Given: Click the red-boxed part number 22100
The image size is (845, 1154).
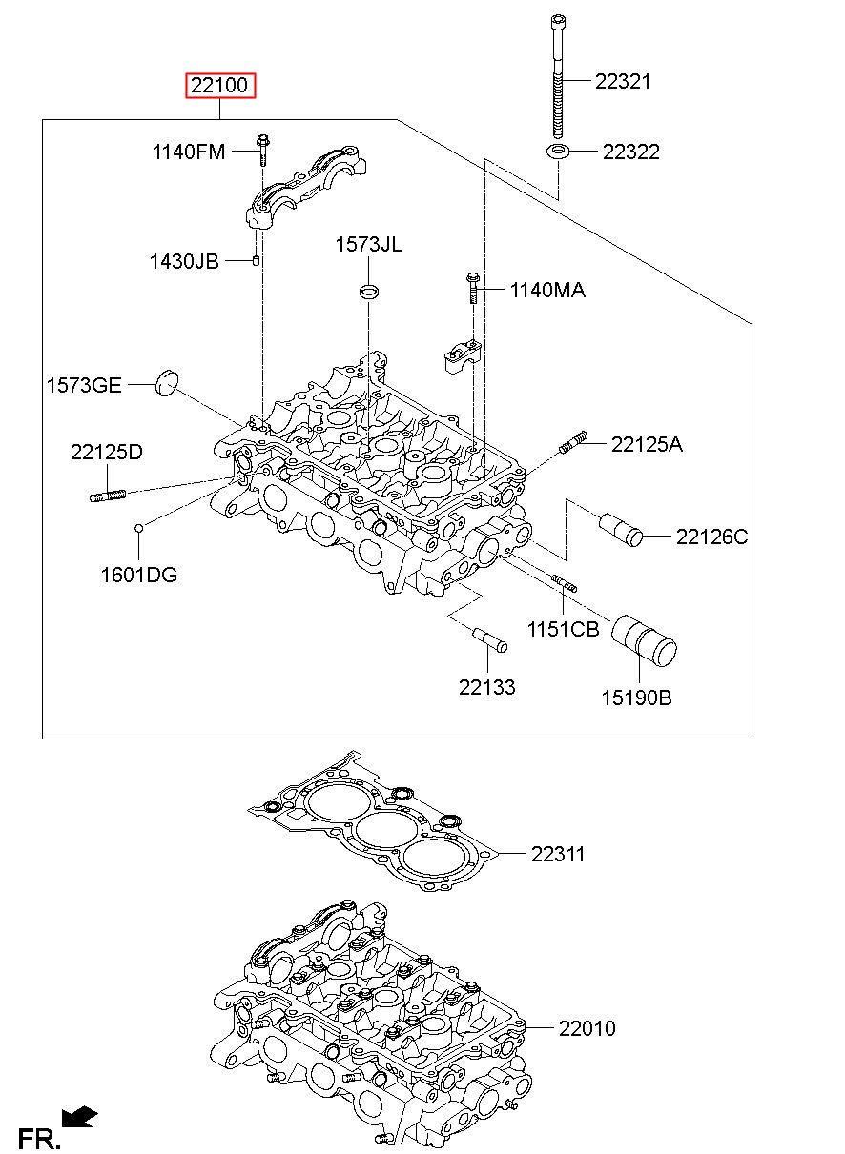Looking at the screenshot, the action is pos(220,85).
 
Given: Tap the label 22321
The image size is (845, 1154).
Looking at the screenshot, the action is pos(623,81).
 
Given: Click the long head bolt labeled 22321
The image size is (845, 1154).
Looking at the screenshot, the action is pos(557,76).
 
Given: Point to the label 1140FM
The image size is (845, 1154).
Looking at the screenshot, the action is pos(189,152).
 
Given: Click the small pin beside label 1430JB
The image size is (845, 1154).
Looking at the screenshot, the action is pos(256,260).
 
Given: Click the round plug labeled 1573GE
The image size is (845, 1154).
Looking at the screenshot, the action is pos(167,383).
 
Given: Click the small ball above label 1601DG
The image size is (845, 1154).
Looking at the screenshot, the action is pos(138,528).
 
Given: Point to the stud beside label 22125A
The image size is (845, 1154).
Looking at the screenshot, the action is pos(573,442).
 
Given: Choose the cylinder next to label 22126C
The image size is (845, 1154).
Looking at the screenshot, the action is pos(621,529).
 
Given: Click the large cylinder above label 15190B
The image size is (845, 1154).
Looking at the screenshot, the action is pos(644,640).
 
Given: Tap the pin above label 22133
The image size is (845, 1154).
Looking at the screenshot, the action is pos(490,639).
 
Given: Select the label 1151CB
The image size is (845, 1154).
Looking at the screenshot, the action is pos(563,629).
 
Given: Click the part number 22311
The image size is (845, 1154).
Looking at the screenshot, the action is pos(558,854).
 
